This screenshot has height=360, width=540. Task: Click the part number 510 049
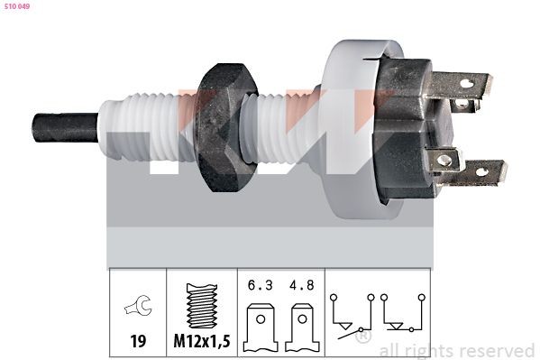(x=17, y=6)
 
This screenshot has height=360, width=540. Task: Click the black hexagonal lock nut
(x=225, y=127)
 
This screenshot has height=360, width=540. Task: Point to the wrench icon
(x=139, y=305)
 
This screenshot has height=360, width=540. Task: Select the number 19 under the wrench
(x=138, y=341)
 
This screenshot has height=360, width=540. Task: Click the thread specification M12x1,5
(x=202, y=341)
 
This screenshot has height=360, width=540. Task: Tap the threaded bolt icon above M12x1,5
(x=202, y=306)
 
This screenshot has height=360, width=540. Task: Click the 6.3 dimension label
(x=261, y=285)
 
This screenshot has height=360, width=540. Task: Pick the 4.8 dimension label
(x=302, y=285)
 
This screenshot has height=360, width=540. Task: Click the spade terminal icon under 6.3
(x=261, y=328)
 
